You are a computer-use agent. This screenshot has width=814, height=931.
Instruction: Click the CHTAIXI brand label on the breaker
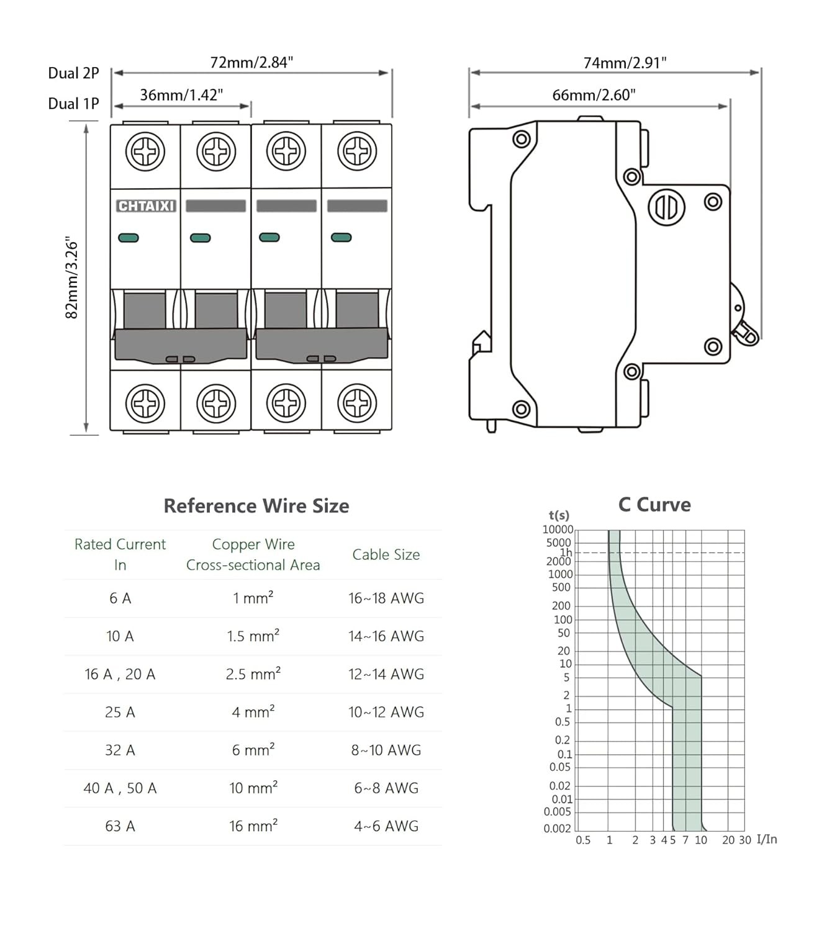click(x=146, y=206)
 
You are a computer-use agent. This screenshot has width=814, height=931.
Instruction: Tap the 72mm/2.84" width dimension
click(x=251, y=63)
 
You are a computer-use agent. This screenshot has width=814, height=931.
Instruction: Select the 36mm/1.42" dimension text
click(x=181, y=95)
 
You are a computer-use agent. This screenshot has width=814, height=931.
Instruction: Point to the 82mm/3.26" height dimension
click(x=72, y=277)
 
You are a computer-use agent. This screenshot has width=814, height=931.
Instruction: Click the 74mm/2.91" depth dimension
click(x=625, y=63)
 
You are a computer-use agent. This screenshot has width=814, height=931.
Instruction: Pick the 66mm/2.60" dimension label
click(x=594, y=95)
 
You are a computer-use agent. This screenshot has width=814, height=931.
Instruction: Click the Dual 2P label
click(x=73, y=73)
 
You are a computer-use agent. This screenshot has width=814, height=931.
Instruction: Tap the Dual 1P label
click(x=73, y=104)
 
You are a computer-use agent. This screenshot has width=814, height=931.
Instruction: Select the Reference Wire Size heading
click(x=256, y=506)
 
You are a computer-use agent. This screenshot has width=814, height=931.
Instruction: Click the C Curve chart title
click(x=654, y=505)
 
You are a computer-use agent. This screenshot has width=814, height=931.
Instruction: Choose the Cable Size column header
click(x=386, y=555)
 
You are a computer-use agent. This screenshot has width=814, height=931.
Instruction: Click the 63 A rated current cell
click(x=120, y=826)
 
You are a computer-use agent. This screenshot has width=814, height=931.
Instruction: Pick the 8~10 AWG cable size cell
click(x=386, y=750)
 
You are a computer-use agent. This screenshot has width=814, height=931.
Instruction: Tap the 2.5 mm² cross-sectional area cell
click(x=253, y=674)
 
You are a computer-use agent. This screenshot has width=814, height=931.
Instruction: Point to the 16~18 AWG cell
click(x=386, y=598)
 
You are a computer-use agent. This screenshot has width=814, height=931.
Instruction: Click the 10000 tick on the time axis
click(x=558, y=529)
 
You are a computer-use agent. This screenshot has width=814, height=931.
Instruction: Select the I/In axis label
click(x=767, y=839)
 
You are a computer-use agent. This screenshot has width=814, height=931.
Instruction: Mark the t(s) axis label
click(x=559, y=515)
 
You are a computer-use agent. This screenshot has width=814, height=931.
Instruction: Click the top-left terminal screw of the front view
click(x=145, y=151)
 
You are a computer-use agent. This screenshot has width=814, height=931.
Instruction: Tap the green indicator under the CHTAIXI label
click(x=129, y=238)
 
